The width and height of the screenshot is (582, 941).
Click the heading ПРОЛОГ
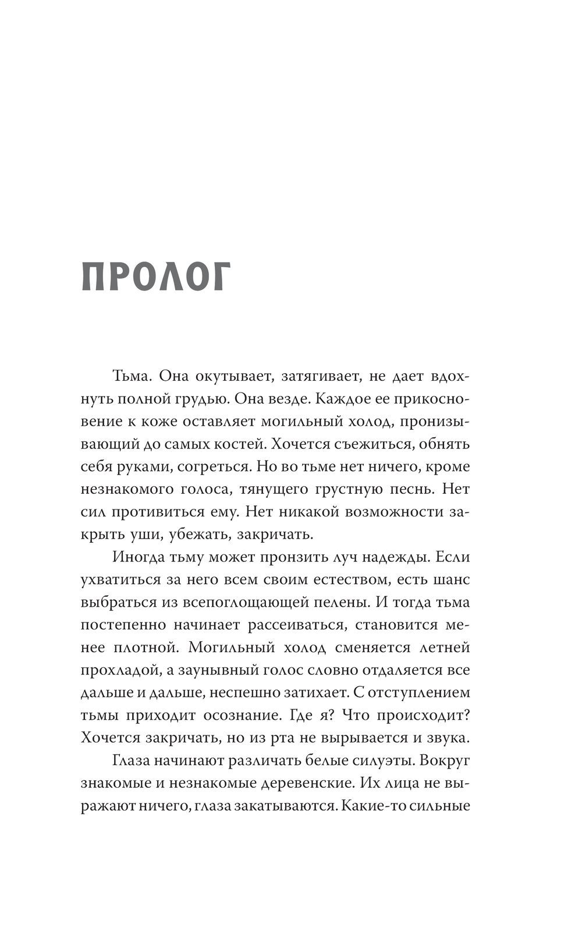(x=156, y=277)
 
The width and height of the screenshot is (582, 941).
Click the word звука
(x=448, y=738)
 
